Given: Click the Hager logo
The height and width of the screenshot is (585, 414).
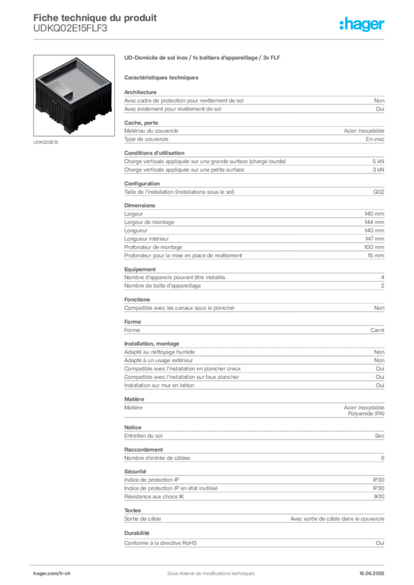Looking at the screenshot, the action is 362,25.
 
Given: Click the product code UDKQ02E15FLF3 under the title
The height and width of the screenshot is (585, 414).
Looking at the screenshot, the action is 70,29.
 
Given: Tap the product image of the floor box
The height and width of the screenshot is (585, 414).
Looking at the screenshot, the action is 74,95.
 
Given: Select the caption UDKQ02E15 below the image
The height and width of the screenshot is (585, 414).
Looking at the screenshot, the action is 46,142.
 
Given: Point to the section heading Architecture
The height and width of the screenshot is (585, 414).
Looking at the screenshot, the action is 140,92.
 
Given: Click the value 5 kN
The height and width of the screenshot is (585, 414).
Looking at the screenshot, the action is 378,162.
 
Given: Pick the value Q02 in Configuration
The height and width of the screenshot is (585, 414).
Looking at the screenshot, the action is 379,192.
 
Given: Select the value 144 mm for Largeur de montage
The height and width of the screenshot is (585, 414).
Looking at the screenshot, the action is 375,222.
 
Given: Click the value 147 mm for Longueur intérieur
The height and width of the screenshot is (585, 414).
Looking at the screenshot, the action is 375,239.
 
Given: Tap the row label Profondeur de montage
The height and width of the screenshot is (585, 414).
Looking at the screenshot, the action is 153,247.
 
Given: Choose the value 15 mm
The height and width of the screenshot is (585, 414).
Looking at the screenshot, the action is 376,255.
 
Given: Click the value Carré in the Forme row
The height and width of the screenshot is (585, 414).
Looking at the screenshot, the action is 377,330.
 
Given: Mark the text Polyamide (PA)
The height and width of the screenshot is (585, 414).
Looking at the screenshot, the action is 366,414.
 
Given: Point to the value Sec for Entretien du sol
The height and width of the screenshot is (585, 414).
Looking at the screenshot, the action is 380,436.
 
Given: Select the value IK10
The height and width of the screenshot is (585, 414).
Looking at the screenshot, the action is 379,496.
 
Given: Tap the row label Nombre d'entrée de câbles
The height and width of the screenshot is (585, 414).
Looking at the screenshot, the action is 157,458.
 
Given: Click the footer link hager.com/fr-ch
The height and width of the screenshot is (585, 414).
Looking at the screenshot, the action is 52,574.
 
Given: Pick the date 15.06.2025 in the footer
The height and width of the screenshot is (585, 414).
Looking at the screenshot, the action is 372,574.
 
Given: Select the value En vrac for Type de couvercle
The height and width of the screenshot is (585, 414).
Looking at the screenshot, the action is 375,139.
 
